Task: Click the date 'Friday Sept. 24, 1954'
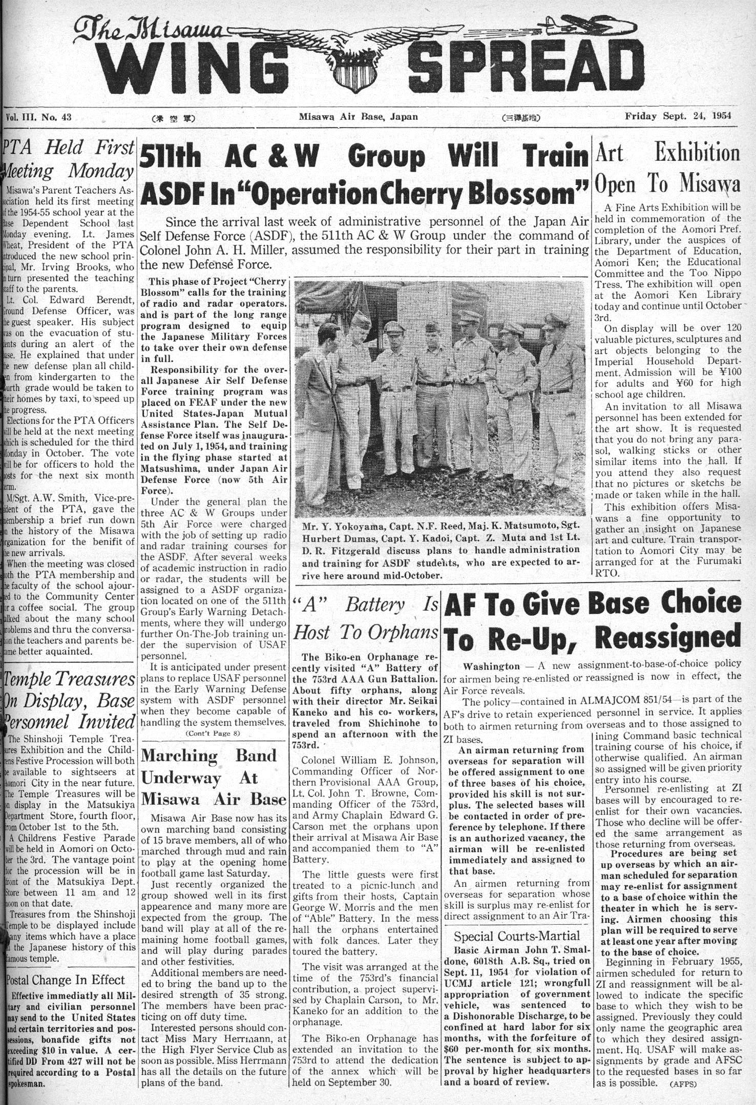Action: click(x=678, y=116)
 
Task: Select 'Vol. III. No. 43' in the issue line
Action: click(x=38, y=117)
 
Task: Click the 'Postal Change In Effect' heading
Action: click(x=65, y=980)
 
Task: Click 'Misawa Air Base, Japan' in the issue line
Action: click(x=359, y=116)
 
